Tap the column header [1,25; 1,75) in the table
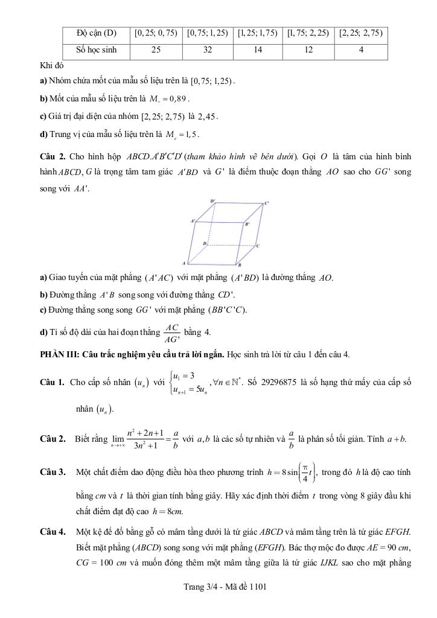258,33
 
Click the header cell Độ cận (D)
97,33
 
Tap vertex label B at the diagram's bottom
240,265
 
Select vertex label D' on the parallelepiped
212,201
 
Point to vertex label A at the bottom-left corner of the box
183,264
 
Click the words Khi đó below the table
51,64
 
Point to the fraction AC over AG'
171,333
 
